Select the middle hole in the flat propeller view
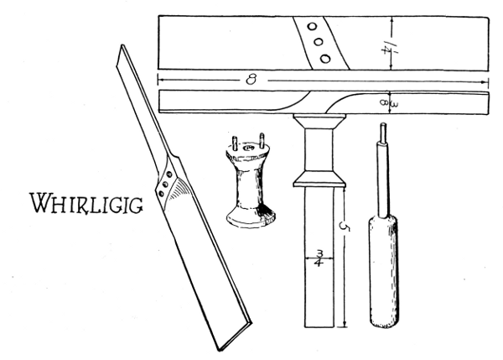tap(318, 41)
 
